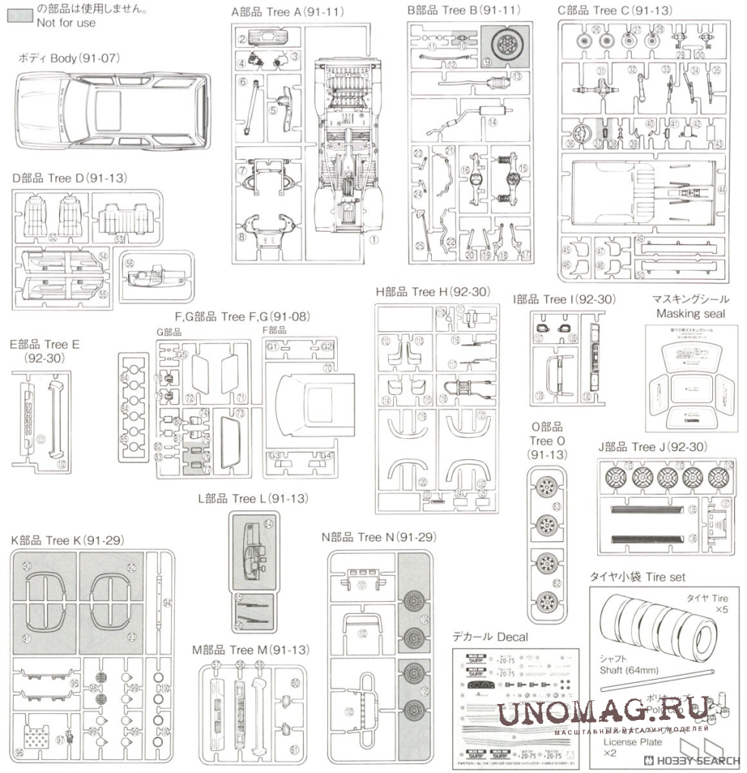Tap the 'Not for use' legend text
click(x=66, y=23)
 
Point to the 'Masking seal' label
click(x=690, y=313)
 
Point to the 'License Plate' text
click(x=631, y=742)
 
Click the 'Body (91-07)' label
click(x=70, y=58)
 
